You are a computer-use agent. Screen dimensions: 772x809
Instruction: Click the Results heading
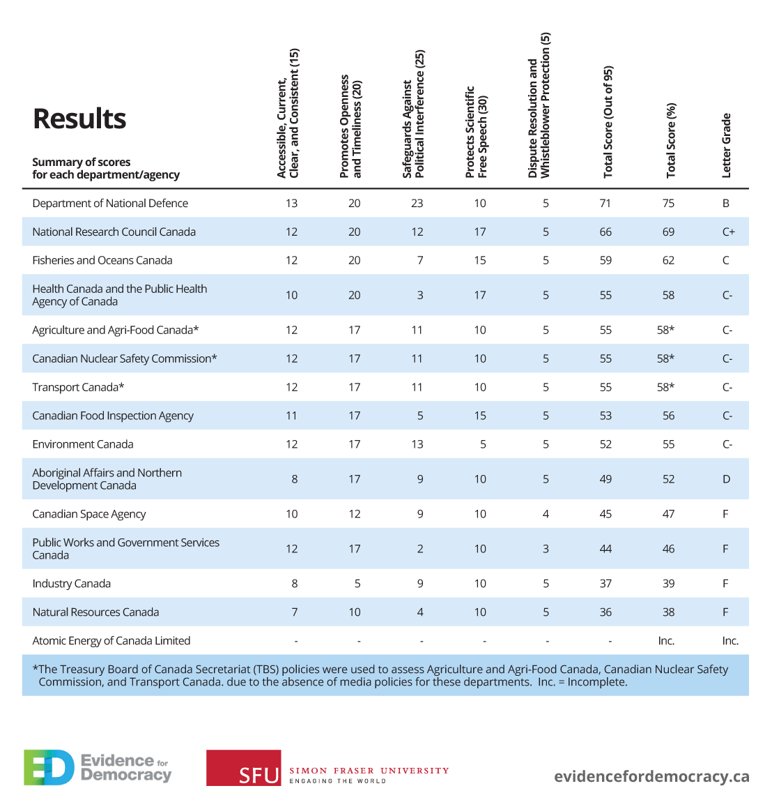(79, 119)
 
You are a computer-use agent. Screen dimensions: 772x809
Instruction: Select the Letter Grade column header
(726, 146)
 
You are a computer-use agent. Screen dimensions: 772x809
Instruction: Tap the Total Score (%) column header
(670, 141)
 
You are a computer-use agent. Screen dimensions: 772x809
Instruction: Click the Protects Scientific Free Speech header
(476, 132)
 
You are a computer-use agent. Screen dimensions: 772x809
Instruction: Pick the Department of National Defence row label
(110, 203)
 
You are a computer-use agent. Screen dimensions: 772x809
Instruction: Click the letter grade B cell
(725, 203)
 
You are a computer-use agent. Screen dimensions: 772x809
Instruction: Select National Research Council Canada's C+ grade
(728, 232)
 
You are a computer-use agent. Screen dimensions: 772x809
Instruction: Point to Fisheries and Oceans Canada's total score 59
(605, 261)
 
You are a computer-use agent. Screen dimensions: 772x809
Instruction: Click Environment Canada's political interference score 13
(417, 444)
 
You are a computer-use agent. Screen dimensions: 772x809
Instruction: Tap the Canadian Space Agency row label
(88, 515)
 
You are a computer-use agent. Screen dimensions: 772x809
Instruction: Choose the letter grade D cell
(726, 479)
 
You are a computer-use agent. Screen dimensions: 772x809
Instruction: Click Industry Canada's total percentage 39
(668, 584)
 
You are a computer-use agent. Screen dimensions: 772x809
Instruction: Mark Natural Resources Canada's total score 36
(605, 612)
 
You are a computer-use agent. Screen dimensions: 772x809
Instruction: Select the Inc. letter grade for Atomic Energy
(730, 641)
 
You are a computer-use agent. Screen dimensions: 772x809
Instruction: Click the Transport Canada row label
(78, 388)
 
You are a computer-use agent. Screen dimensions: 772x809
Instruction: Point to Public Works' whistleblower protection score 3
(546, 549)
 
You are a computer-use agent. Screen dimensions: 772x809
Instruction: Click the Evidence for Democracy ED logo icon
(49, 768)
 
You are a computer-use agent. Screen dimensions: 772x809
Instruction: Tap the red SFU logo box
(244, 768)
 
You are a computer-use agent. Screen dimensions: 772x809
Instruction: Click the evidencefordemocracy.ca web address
(652, 776)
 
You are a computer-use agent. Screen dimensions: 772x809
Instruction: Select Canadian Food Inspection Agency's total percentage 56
(668, 416)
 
